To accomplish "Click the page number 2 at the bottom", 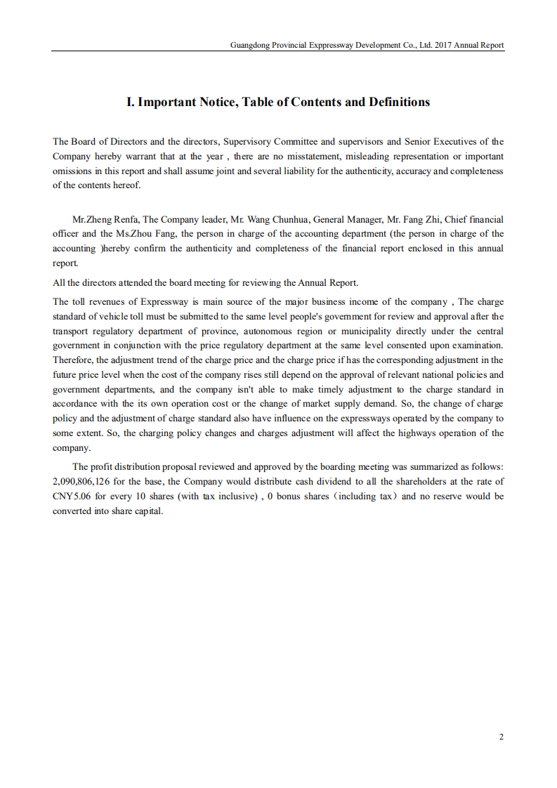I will (x=501, y=737).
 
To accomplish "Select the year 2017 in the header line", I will (x=443, y=45).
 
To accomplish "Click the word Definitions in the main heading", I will (x=398, y=102).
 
